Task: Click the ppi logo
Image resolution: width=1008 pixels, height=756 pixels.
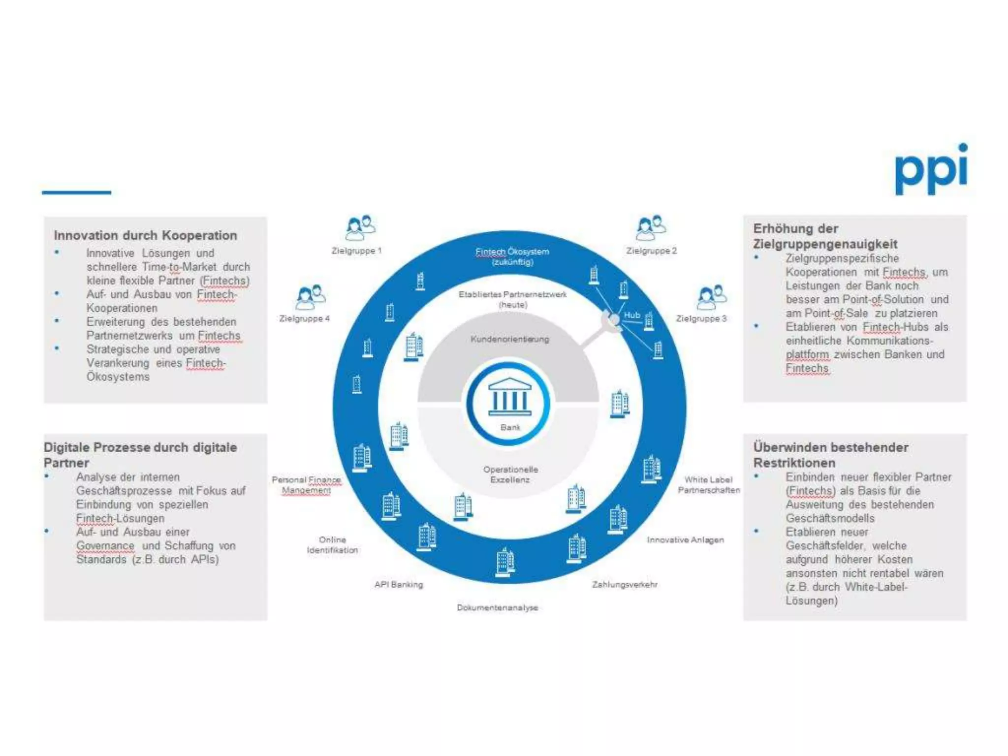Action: coord(931,170)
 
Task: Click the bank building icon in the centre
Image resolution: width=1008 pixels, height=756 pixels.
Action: coord(509,398)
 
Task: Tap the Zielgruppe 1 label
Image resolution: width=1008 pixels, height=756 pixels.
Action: coord(356,251)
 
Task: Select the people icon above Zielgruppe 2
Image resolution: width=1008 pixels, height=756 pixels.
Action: coord(651,227)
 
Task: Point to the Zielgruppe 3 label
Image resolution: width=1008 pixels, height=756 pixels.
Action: coord(701,319)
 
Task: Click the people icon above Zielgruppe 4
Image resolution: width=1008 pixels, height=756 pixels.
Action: coord(311,297)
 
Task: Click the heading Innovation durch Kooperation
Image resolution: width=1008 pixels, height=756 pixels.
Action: coord(146,236)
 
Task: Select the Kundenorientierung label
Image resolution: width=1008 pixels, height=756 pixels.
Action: coord(509,339)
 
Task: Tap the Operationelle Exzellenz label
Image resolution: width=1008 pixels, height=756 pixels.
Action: coord(510,474)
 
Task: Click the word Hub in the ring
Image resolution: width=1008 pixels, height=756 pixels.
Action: coord(631,315)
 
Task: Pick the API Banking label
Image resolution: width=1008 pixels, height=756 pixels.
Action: coord(399,585)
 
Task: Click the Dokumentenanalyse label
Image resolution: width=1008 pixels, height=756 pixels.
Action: coord(497,608)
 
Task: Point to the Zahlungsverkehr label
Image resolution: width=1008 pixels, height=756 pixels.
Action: coord(625,585)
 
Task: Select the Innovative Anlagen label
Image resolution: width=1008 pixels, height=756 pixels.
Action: coord(685,540)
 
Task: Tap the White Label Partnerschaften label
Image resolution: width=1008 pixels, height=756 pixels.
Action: coord(709,485)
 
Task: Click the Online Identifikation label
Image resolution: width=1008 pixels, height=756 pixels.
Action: coord(332,545)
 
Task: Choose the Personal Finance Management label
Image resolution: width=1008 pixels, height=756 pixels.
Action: coord(306,485)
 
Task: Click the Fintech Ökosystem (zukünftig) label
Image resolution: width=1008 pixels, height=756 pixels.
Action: coord(512,256)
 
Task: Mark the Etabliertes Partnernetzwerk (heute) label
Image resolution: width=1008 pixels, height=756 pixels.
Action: coord(512,299)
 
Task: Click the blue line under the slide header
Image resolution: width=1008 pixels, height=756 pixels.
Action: coord(76,192)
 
